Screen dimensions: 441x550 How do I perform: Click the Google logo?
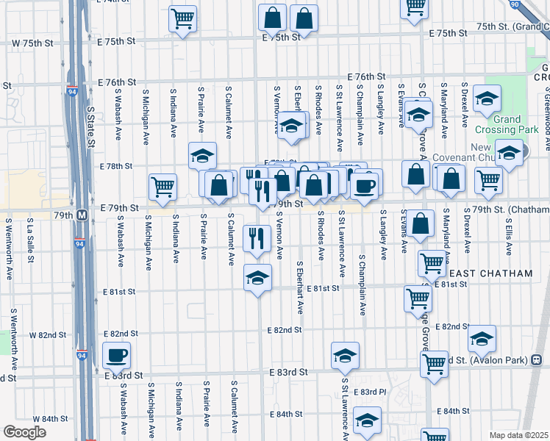(24, 432)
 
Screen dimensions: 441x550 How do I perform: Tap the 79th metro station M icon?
(83, 215)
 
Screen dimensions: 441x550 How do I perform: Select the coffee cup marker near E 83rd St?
(116, 356)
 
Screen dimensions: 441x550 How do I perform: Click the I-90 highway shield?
(534, 4)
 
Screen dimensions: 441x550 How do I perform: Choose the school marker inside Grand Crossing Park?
(487, 99)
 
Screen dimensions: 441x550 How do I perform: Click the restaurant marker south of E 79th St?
(257, 238)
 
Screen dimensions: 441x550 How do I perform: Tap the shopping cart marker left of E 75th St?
(182, 19)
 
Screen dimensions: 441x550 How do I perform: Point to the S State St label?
(91, 127)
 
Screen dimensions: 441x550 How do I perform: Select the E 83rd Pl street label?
(369, 392)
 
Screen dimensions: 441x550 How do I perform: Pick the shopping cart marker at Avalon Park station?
(434, 363)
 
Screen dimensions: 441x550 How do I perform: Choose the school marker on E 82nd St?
(482, 338)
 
